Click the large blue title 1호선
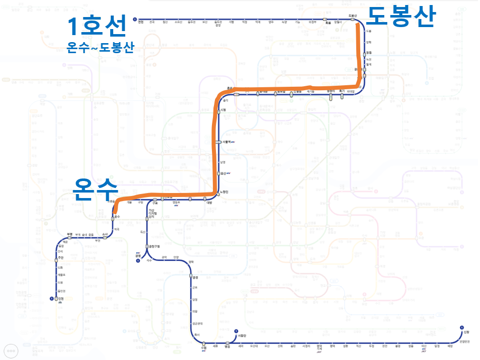(x=97, y=27)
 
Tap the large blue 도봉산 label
(x=400, y=16)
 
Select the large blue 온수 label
(x=95, y=190)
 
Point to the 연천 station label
(x=141, y=22)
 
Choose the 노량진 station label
(x=224, y=192)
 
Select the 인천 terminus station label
(x=61, y=299)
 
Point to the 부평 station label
(x=70, y=234)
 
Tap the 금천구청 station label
(x=154, y=246)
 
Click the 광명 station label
(x=138, y=255)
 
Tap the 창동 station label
(x=369, y=52)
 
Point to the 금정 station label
(x=195, y=277)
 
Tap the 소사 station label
(x=105, y=234)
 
